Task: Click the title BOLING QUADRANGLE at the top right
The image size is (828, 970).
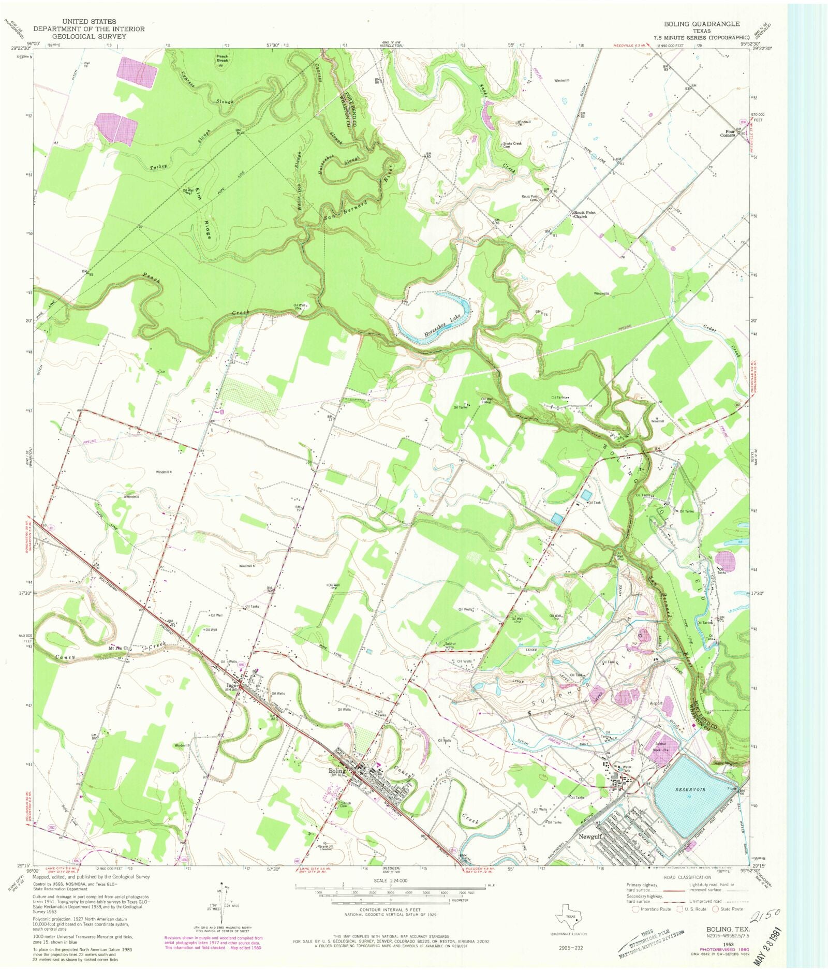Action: pos(702,24)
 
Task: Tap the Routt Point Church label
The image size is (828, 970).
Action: pos(584,214)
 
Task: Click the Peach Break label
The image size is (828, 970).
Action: pos(223,58)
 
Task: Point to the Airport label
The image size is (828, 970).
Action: pos(657,703)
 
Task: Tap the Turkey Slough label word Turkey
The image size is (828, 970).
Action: pos(158,167)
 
